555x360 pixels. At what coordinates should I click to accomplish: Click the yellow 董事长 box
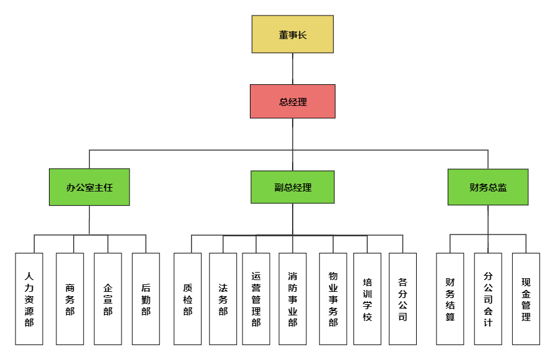[292, 34]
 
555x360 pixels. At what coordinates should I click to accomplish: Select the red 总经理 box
[292, 101]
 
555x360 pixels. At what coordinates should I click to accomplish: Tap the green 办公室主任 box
[89, 187]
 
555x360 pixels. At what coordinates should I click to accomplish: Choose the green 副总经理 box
[292, 187]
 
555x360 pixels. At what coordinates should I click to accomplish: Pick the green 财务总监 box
[488, 187]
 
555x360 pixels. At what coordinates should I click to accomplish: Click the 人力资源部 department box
[29, 299]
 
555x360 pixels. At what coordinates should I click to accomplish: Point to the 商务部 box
[69, 299]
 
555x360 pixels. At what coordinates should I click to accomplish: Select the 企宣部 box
[108, 299]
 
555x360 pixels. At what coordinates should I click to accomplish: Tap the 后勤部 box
[146, 299]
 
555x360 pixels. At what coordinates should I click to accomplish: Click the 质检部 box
[188, 299]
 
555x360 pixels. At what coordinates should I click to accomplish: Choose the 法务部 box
[223, 299]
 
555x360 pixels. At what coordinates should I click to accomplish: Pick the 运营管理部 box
[256, 299]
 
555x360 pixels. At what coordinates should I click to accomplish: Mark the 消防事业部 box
[292, 299]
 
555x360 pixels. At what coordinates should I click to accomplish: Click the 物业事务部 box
[333, 299]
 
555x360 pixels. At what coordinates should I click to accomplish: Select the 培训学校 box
[367, 299]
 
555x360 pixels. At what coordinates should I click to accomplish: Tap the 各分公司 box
[403, 299]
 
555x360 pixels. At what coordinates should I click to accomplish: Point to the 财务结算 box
[450, 299]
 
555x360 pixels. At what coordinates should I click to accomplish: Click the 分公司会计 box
[488, 299]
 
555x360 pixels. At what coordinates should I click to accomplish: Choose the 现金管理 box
[526, 299]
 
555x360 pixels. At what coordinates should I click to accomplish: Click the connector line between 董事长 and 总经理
[293, 69]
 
